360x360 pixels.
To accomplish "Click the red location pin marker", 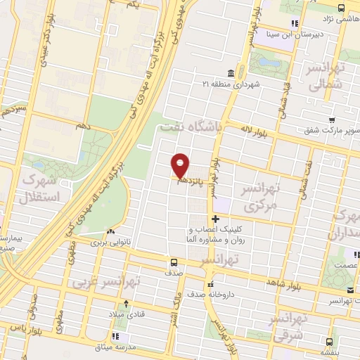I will point(181,165).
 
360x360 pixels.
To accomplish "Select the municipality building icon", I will point(231,73).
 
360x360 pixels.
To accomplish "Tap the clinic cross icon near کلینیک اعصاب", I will point(215,219).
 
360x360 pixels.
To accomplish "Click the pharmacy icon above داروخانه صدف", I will point(209,285).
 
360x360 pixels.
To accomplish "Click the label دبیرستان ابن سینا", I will point(304,32).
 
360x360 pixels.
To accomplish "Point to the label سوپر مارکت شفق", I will point(328,129).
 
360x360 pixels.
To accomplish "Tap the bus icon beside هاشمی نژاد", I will point(340,7).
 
